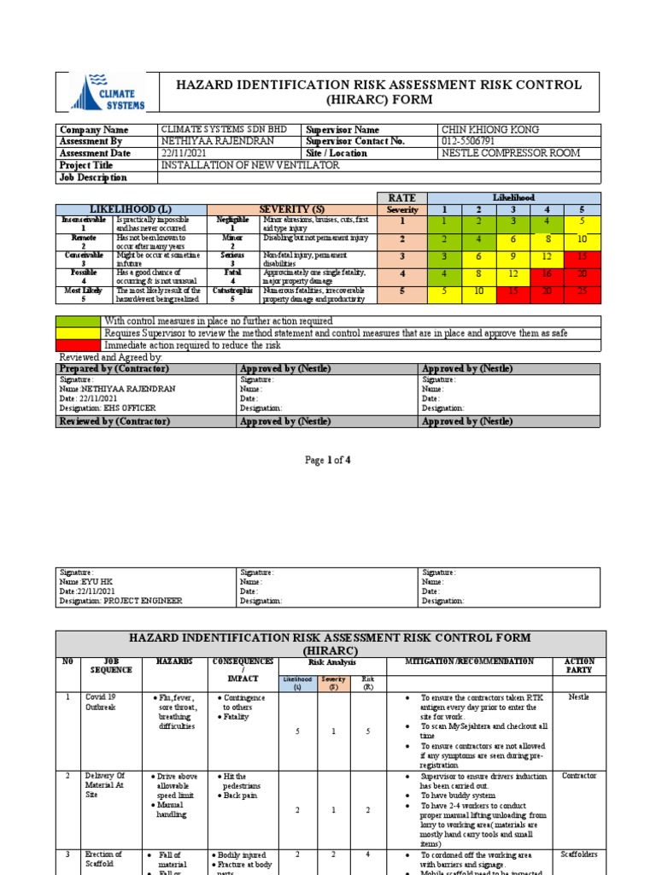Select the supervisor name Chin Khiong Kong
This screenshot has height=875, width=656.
pos(489,130)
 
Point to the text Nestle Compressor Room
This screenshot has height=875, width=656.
pos(510,154)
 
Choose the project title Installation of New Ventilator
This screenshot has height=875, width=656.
pos(249,166)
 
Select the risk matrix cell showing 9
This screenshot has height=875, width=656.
pos(513,255)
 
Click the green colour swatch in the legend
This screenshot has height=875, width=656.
pos(78,321)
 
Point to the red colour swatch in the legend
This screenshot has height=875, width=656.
pos(78,345)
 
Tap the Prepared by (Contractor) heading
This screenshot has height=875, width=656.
pos(113,368)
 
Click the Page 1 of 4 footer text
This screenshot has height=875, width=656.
pos(328,461)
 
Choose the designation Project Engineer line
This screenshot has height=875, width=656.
pos(120,601)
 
